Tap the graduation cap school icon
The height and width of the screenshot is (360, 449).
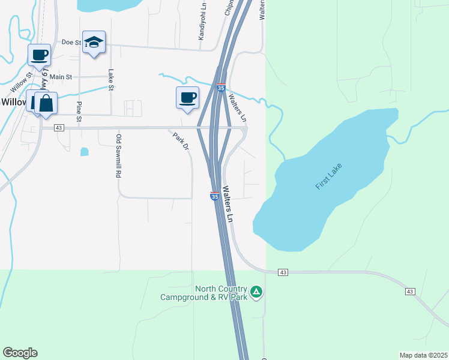[x=94, y=43]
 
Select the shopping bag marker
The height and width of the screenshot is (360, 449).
[x=46, y=103]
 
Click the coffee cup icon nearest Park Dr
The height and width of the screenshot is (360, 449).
[x=187, y=98]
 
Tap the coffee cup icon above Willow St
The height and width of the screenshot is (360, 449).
[x=39, y=55]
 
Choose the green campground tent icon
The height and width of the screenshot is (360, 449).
[x=256, y=292]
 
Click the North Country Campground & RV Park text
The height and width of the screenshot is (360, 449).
[x=203, y=293]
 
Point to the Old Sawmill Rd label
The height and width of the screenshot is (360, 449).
[x=118, y=155]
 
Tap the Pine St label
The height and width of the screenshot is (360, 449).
[x=79, y=112]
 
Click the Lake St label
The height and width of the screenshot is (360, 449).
[x=110, y=80]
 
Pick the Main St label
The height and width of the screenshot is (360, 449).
[x=61, y=77]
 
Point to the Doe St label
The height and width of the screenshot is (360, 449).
[x=71, y=43]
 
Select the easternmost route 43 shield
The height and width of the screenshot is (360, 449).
[x=410, y=292]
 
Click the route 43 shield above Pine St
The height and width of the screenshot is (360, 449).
[x=58, y=128]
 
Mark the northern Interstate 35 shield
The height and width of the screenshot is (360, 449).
[x=221, y=88]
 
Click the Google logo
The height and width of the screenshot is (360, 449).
[x=20, y=353]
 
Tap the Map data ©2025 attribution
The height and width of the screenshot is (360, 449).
[x=423, y=355]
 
